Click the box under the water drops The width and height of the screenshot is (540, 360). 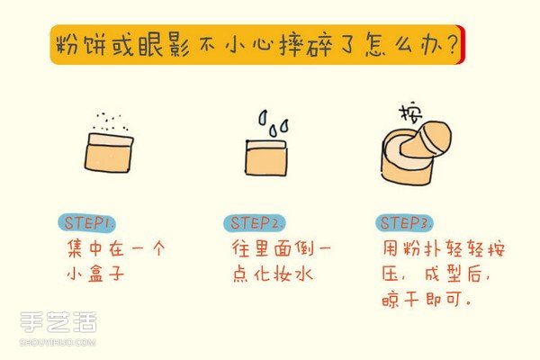(x=266, y=157)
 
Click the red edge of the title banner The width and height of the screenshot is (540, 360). (x=461, y=45)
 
